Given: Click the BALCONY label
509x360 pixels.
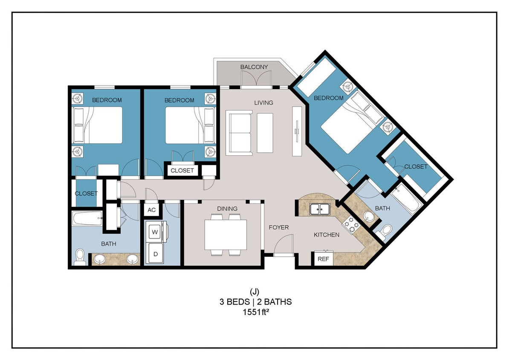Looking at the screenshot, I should point(254,67).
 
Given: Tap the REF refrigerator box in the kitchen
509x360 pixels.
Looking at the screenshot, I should point(323,258).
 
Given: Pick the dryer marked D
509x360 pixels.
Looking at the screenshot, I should point(155,254).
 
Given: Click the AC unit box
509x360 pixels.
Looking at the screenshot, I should point(151,210).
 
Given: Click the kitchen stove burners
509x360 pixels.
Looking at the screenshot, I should point(351,225).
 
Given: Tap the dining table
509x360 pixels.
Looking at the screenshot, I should point(226,235).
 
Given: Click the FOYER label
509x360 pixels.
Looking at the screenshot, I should point(278,227).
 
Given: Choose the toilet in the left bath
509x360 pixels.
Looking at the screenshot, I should point(80,257).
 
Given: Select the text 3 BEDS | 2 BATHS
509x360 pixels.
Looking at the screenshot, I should point(254,302).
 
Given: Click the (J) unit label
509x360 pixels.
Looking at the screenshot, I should point(254,292).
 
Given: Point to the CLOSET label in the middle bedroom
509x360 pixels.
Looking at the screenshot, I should point(182,171).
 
